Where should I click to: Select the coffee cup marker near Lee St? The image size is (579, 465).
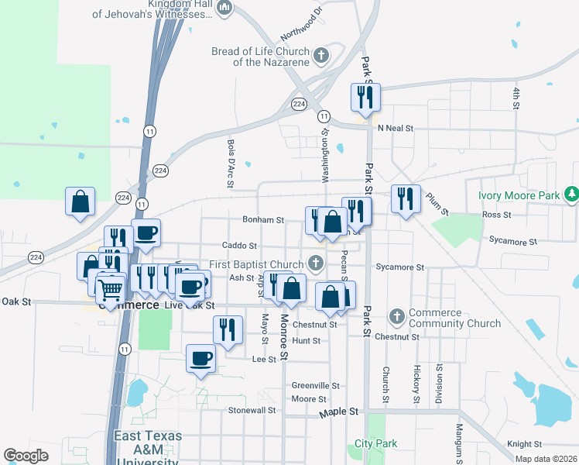click(201, 359)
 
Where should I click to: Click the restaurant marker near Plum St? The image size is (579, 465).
click(406, 200)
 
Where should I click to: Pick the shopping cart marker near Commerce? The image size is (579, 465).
click(111, 291)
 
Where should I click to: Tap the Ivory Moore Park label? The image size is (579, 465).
click(519, 195)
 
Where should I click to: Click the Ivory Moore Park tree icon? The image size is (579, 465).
click(571, 193)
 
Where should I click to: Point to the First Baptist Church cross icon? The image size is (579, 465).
click(315, 263)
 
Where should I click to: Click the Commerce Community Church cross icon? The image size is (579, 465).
click(397, 316)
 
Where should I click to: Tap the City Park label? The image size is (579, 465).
click(375, 444)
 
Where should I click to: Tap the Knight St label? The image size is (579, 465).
click(524, 444)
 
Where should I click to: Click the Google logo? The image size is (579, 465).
click(26, 456)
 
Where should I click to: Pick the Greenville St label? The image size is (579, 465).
click(316, 385)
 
